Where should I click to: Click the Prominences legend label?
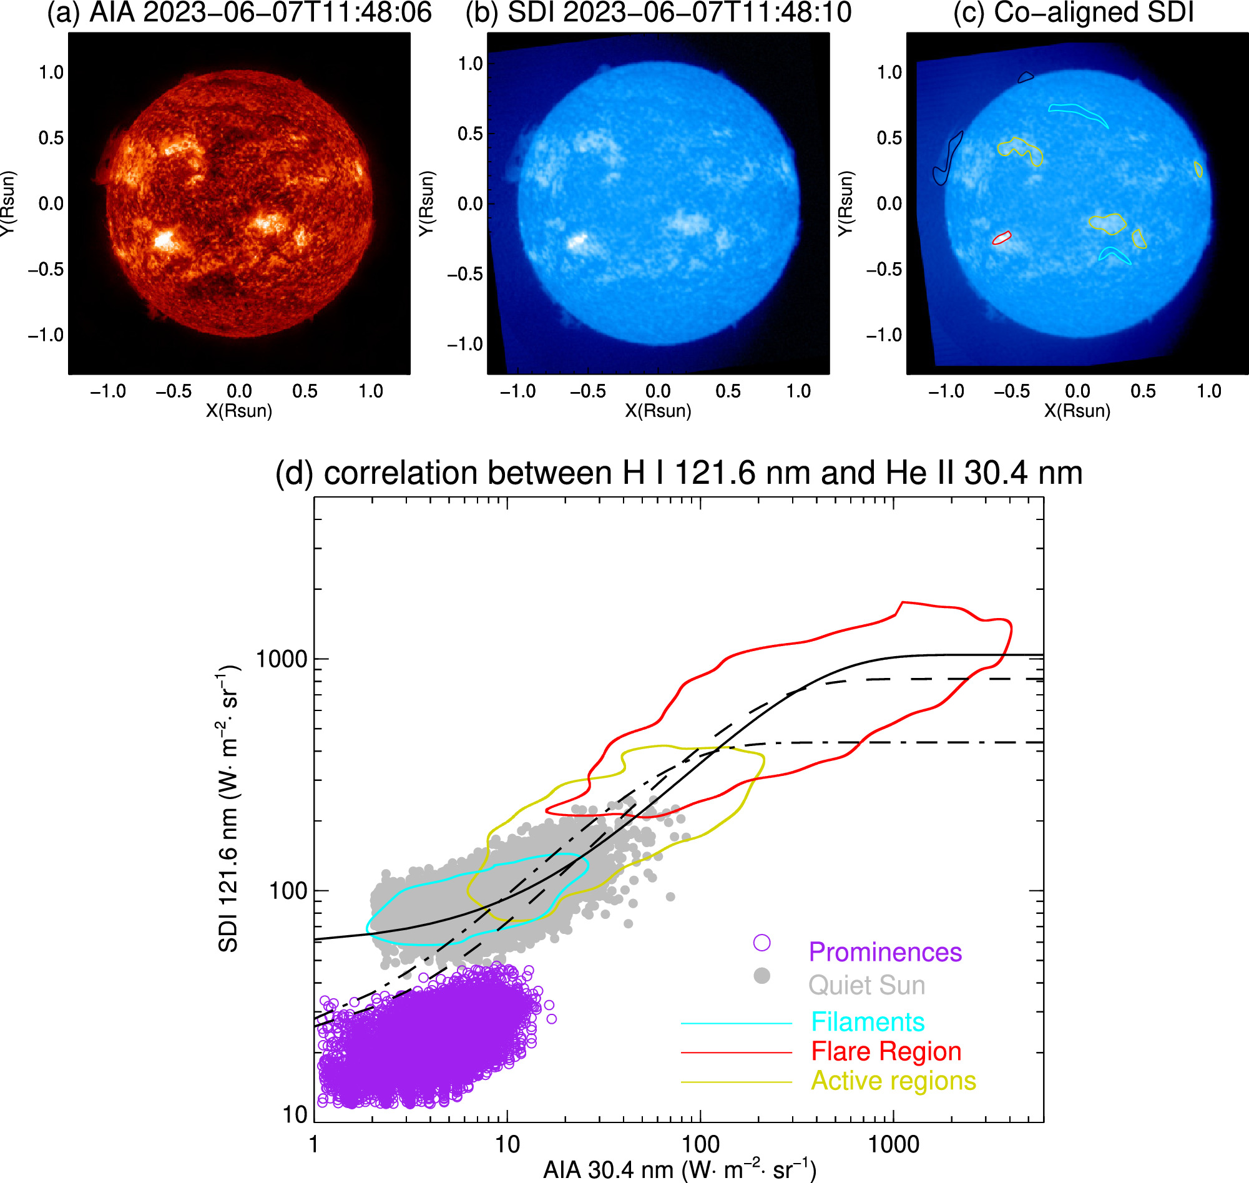coord(884,952)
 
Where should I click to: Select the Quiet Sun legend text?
coord(866,986)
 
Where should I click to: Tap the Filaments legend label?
coord(867,1022)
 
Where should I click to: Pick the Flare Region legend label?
coord(886,1052)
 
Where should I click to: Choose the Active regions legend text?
coord(893,1081)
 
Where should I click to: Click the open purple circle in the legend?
coord(762,943)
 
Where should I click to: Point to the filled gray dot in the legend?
coord(762,976)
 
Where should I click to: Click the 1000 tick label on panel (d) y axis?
coord(282,659)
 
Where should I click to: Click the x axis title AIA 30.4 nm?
coord(679,1171)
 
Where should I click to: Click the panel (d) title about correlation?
coord(678,473)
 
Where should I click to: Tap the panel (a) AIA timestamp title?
coord(239,12)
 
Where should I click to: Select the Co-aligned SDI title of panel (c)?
coord(1073,12)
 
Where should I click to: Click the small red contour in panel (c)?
coord(1002,238)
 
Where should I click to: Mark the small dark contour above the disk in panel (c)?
coord(1026,77)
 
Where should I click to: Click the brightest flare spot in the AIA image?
coord(165,240)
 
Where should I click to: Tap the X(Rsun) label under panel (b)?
coord(658,411)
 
